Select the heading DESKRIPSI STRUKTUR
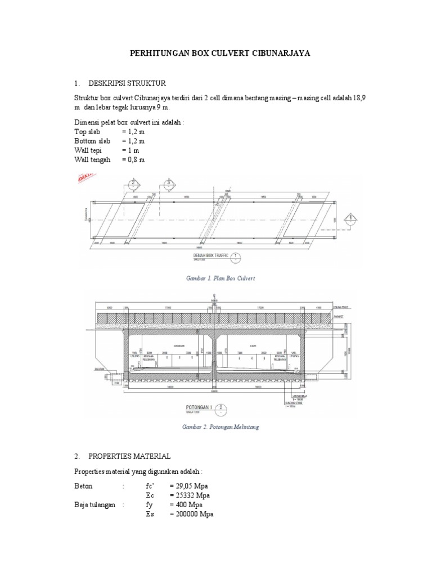128,83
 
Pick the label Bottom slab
93,141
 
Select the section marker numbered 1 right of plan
351,218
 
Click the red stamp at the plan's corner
83,180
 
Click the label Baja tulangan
94,505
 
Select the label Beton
83,486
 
